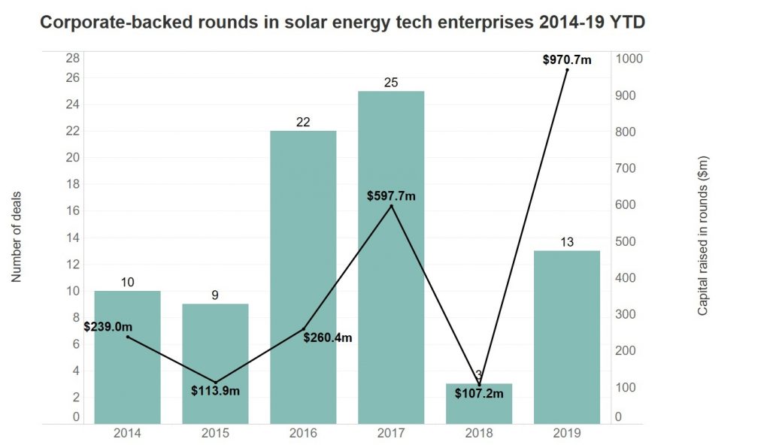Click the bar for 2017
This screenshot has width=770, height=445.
(x=391, y=301)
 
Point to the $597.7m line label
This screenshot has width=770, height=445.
(x=391, y=195)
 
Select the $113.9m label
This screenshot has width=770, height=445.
(x=215, y=392)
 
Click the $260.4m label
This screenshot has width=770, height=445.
(x=327, y=338)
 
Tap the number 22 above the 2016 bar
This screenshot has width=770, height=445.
(x=303, y=122)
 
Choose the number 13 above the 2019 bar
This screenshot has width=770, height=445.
(x=567, y=241)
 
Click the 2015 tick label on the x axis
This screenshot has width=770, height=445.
(x=215, y=434)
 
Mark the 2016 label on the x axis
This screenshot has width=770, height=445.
(x=303, y=434)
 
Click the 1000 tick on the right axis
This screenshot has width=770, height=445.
(x=629, y=59)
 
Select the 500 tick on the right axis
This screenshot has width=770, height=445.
(x=626, y=241)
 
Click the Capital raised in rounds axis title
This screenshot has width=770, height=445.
(x=702, y=235)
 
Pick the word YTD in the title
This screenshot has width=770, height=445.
(x=627, y=23)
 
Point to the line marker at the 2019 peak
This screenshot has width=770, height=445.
(x=567, y=70)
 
